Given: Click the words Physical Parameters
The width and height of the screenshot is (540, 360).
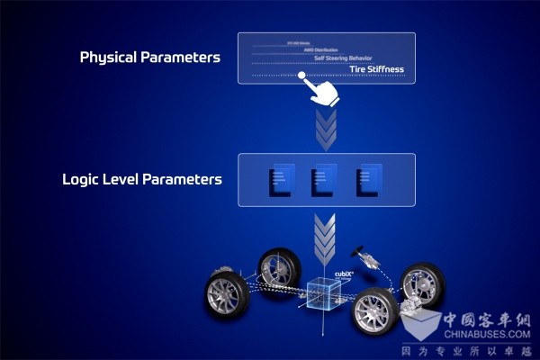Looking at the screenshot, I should point(149,58).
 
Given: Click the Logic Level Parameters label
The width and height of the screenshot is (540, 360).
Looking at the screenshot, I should point(141,179).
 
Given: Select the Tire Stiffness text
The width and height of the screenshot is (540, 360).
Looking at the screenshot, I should point(377,68).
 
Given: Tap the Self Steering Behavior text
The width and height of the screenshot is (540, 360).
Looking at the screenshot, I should point(355,57).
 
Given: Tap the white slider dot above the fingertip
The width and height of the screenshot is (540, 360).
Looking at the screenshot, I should point(301,76).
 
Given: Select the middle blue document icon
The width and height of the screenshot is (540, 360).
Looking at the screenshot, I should point(323,177).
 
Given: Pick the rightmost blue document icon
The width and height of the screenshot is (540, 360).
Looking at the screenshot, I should point(367,177).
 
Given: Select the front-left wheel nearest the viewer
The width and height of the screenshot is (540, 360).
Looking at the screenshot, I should point(226,295).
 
